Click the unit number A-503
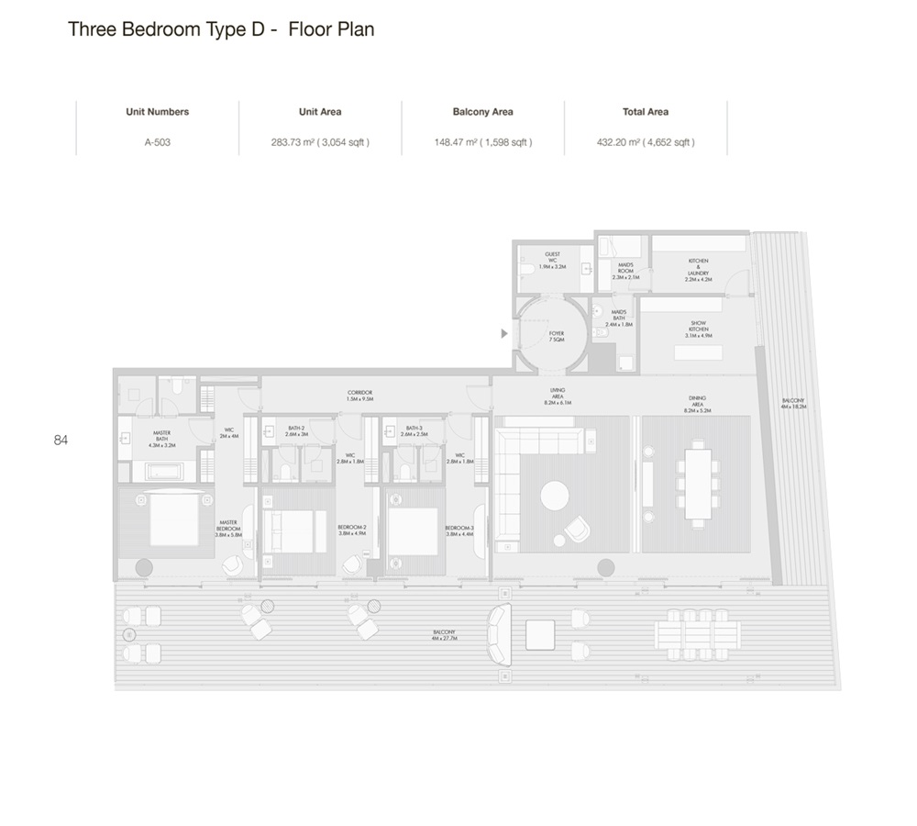pyautogui.click(x=157, y=142)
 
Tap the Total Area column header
pyautogui.click(x=645, y=112)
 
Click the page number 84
pyautogui.click(x=61, y=441)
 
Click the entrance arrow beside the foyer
pyautogui.click(x=503, y=334)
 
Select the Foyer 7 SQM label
pyautogui.click(x=557, y=336)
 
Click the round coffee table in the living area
pyautogui.click(x=555, y=496)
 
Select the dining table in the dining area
pyautogui.click(x=699, y=484)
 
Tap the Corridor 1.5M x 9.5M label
pyautogui.click(x=360, y=396)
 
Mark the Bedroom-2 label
pyautogui.click(x=352, y=530)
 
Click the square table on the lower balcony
pyautogui.click(x=540, y=634)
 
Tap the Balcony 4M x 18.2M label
pyautogui.click(x=794, y=403)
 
